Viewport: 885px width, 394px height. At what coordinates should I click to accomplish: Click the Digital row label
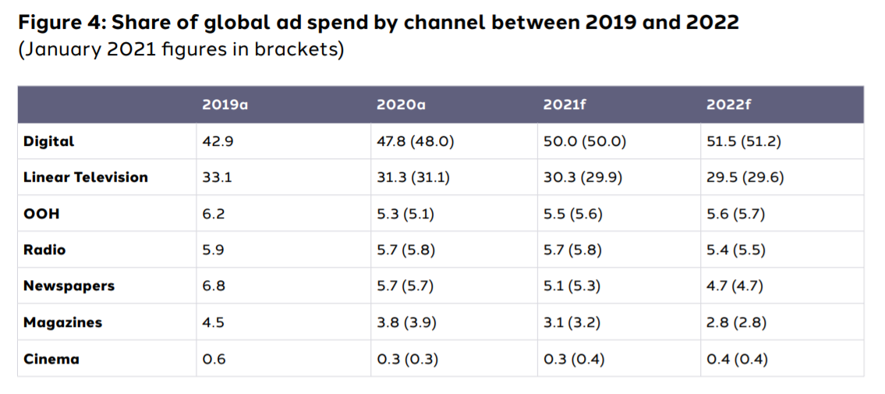(x=48, y=141)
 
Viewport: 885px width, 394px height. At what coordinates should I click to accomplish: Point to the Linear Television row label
(x=85, y=177)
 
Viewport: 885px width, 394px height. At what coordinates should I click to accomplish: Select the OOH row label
(x=41, y=214)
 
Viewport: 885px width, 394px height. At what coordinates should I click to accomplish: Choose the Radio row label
(x=44, y=250)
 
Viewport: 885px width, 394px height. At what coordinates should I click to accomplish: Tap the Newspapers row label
(x=69, y=286)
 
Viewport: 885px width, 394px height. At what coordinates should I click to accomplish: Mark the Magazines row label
(x=62, y=322)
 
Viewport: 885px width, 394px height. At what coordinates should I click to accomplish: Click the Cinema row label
(x=51, y=359)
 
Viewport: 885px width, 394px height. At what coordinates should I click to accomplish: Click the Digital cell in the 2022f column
(x=745, y=141)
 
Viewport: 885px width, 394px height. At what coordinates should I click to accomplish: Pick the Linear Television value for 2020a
(x=412, y=177)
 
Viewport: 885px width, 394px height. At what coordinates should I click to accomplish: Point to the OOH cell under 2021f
(x=574, y=214)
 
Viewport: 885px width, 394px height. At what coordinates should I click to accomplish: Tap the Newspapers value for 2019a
(x=213, y=286)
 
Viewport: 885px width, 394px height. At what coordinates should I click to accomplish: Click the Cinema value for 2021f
(x=574, y=359)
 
